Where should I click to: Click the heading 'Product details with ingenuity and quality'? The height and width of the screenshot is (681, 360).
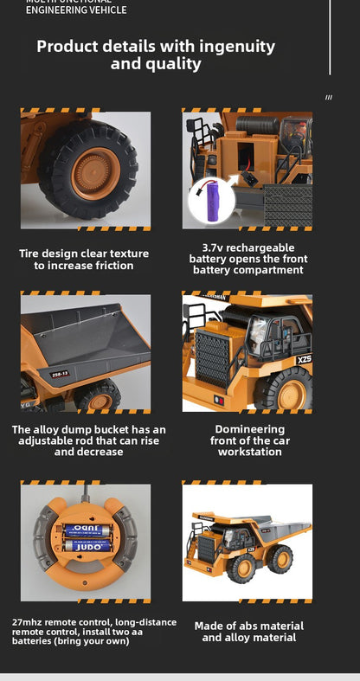pyautogui.click(x=156, y=55)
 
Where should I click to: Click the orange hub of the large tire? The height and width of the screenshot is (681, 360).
pyautogui.click(x=93, y=171)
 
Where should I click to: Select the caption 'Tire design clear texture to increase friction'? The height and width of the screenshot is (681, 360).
pyautogui.click(x=84, y=260)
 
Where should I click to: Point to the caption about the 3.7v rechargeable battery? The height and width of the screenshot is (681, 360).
pyautogui.click(x=247, y=259)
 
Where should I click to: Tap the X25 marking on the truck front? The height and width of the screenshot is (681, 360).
pyautogui.click(x=304, y=359)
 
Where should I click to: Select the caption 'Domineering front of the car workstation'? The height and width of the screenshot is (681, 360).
pyautogui.click(x=249, y=440)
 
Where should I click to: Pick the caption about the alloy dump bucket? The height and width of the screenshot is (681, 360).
pyautogui.click(x=88, y=440)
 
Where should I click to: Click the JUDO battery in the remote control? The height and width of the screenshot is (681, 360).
pyautogui.click(x=87, y=546)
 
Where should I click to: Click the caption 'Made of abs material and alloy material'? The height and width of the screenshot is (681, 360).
pyautogui.click(x=249, y=632)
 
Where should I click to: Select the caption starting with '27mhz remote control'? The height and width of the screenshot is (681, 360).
pyautogui.click(x=93, y=632)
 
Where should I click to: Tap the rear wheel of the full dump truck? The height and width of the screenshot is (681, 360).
pyautogui.click(x=280, y=558)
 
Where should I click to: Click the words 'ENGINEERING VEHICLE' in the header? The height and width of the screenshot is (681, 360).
pyautogui.click(x=76, y=10)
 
